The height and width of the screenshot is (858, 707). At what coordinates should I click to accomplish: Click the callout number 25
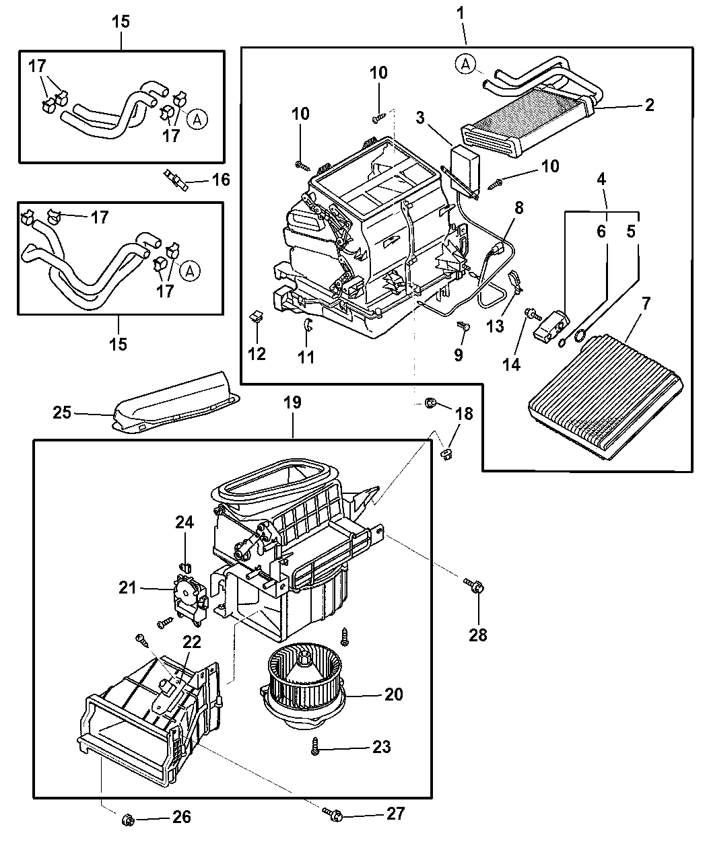(62, 412)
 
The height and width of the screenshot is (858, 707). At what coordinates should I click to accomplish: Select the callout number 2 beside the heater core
(649, 105)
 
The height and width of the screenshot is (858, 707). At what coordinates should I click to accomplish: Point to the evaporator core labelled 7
(605, 397)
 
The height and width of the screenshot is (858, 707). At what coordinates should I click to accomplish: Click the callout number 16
(220, 180)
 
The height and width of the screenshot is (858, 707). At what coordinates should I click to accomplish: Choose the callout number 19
(293, 403)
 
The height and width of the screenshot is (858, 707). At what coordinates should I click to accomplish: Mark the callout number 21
(128, 587)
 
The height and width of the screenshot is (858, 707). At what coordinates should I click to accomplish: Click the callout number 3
(421, 118)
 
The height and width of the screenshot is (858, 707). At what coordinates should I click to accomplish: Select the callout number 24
(184, 522)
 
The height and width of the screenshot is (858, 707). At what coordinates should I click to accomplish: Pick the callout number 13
(495, 326)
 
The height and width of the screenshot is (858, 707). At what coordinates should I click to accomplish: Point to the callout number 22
(193, 643)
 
